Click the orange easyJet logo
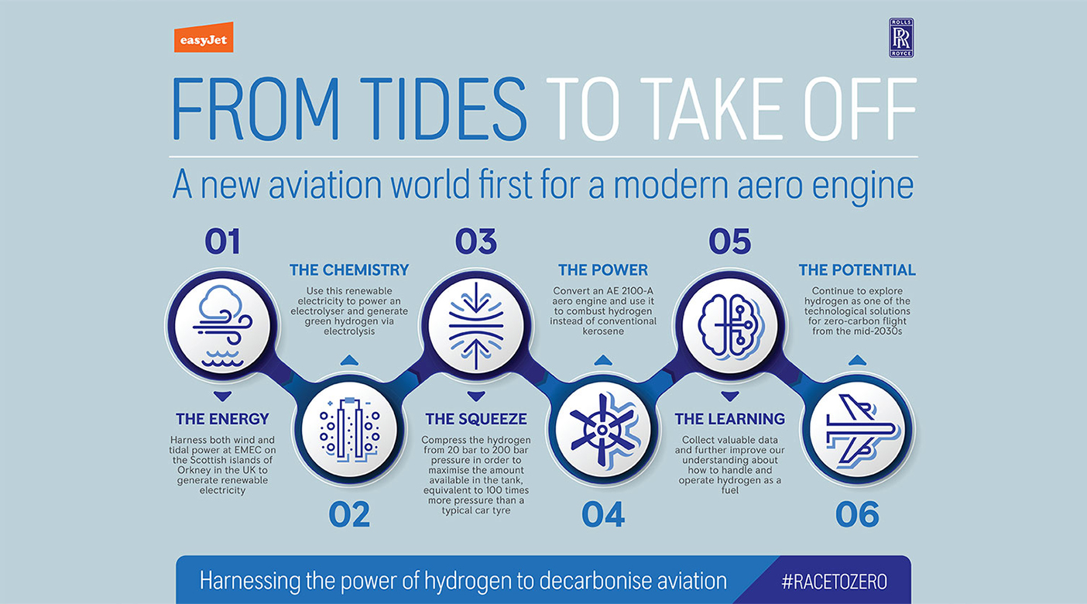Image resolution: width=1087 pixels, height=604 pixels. point(204,37)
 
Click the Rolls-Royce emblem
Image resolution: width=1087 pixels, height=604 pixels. point(901,38)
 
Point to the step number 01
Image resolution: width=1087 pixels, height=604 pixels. point(222,242)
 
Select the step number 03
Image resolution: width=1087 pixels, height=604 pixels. point(476,242)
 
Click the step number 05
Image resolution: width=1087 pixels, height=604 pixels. point(729,242)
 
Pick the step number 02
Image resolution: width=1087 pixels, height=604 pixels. point(349,515)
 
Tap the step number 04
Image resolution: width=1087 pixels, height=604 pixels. point(602,515)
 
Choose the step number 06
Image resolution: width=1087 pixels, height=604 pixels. point(857,515)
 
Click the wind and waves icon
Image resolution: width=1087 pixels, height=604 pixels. point(222,325)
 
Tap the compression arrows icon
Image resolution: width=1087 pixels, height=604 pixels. point(476,325)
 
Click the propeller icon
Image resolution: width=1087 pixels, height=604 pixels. point(602,430)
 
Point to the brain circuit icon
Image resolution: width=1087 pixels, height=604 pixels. point(729,325)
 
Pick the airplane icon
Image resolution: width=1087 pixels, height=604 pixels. point(859,430)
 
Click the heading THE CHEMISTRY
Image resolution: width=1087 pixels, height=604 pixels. point(349,270)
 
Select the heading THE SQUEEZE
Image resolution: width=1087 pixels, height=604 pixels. point(476,419)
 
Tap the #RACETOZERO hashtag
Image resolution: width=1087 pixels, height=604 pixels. point(834,582)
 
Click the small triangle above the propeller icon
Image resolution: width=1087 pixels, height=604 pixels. point(602,360)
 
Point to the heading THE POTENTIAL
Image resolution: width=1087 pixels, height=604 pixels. point(857,270)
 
